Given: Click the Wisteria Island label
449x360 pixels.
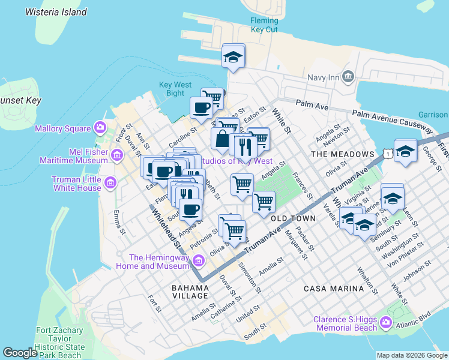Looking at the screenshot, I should pyautogui.click(x=56, y=12).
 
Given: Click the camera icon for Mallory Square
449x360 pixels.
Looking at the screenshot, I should pyautogui.click(x=100, y=128).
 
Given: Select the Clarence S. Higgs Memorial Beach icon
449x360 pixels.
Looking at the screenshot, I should pyautogui.click(x=385, y=324).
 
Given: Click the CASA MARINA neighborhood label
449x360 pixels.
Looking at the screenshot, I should pyautogui.click(x=334, y=289).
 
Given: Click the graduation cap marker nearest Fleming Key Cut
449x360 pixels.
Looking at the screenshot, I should pyautogui.click(x=234, y=57).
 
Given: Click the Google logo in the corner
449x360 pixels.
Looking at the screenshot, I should pyautogui.click(x=20, y=353).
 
